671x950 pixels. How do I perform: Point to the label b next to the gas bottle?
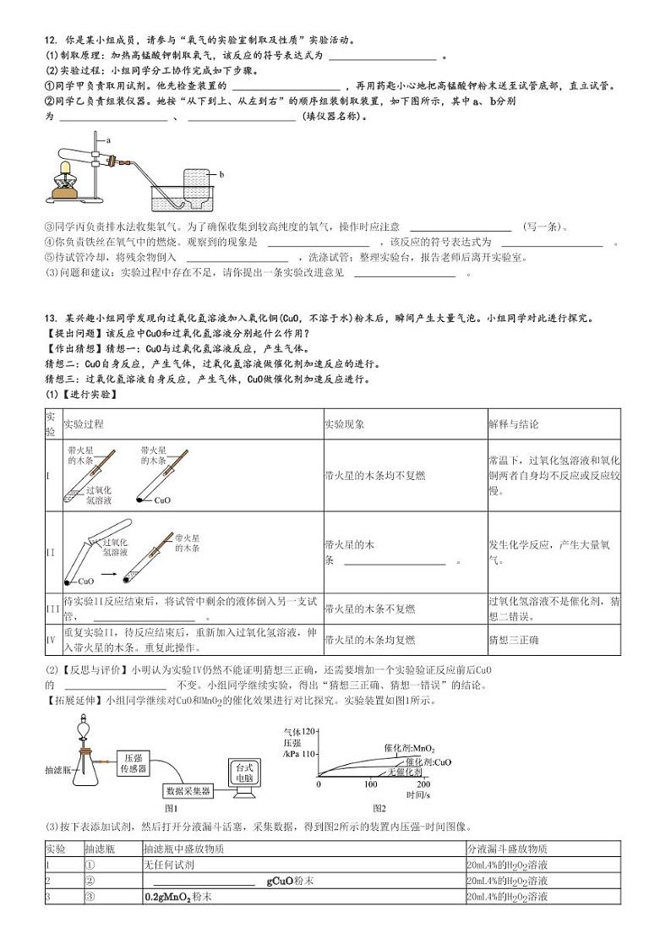coord(221,174)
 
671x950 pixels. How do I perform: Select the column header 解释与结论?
coord(513,424)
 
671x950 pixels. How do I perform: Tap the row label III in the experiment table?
coord(52,609)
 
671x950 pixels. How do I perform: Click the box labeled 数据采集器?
coord(188,791)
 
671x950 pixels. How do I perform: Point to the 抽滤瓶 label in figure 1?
coord(58,771)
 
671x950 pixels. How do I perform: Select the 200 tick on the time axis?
coord(423,784)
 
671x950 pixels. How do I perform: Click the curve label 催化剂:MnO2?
coord(409,748)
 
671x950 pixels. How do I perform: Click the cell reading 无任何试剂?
coord(170,865)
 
